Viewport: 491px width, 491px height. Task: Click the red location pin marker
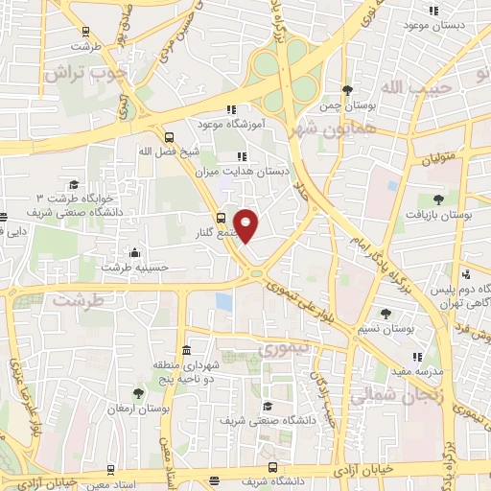[246, 224]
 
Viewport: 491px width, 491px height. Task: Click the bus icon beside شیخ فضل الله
[169, 137]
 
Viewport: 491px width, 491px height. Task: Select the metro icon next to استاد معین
[111, 471]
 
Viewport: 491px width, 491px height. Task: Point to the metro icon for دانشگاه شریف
[274, 471]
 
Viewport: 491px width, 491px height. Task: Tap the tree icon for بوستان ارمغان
[138, 393]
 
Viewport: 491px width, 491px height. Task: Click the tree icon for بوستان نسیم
[386, 314]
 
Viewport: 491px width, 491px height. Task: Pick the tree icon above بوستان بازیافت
[438, 199]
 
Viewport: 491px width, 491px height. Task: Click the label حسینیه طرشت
[129, 267]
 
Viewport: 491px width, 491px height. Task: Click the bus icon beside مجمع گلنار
[221, 219]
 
